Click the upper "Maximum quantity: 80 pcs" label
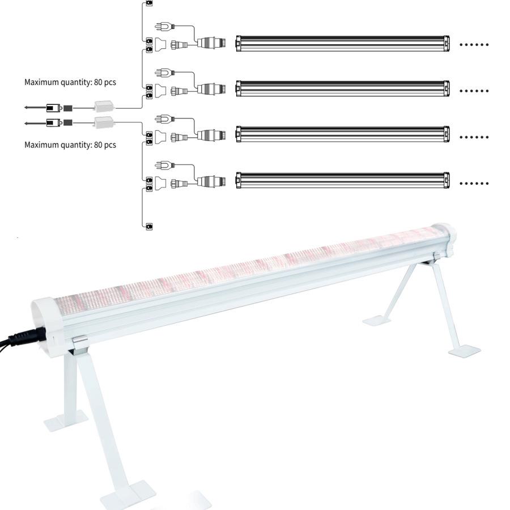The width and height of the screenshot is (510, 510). pyautogui.click(x=70, y=83)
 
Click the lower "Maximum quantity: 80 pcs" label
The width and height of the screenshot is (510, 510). pyautogui.click(x=70, y=145)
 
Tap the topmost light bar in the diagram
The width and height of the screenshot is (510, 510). pyautogui.click(x=343, y=44)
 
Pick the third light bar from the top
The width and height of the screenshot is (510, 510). pyautogui.click(x=343, y=134)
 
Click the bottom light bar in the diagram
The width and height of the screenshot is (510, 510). pyautogui.click(x=343, y=180)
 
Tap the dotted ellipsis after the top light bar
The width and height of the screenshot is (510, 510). pyautogui.click(x=473, y=44)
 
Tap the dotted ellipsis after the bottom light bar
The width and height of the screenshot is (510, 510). pyautogui.click(x=473, y=184)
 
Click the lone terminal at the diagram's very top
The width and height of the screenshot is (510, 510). pyautogui.click(x=149, y=3)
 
